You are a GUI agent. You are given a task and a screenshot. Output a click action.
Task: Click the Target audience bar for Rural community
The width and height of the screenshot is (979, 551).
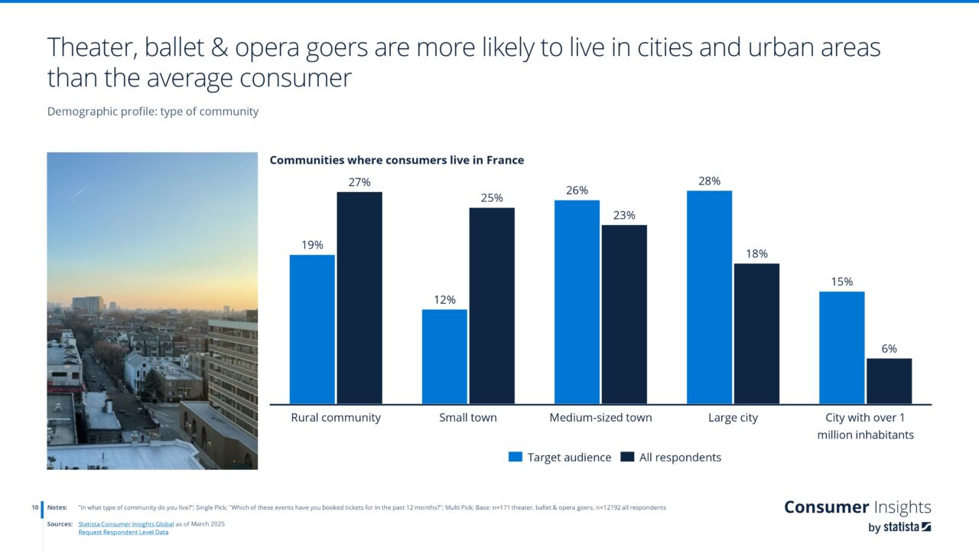pyautogui.click(x=312, y=329)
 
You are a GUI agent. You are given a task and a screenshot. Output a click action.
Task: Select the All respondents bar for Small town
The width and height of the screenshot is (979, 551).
pyautogui.click(x=492, y=305)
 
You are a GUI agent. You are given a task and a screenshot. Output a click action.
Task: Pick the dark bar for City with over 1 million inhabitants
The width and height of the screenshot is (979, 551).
pyautogui.click(x=889, y=381)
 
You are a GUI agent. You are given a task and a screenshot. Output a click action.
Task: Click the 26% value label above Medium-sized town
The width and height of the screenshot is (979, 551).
pyautogui.click(x=577, y=191)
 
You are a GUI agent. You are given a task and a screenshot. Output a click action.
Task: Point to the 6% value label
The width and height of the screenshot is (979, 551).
pyautogui.click(x=889, y=349)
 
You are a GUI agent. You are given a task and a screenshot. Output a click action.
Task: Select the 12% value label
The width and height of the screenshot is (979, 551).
pyautogui.click(x=444, y=300)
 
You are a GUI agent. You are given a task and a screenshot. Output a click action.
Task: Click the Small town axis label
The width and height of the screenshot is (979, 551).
pyautogui.click(x=468, y=418)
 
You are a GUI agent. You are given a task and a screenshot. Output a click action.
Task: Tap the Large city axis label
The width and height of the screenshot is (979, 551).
pyautogui.click(x=733, y=418)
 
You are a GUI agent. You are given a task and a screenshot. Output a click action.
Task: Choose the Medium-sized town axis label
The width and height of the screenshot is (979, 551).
pyautogui.click(x=600, y=418)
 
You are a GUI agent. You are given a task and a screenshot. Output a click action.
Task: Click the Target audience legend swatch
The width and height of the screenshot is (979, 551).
pyautogui.click(x=516, y=457)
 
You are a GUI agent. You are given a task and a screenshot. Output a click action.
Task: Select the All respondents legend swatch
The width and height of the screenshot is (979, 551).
pyautogui.click(x=627, y=457)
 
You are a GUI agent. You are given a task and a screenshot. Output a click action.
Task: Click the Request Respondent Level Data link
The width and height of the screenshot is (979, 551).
pyautogui.click(x=123, y=533)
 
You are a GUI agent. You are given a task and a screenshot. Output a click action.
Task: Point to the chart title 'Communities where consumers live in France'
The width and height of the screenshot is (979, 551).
pyautogui.click(x=397, y=160)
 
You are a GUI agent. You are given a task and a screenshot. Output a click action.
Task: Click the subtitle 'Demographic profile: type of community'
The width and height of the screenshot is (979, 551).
pyautogui.click(x=153, y=112)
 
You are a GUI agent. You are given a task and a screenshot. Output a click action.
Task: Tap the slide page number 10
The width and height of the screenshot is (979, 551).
pyautogui.click(x=35, y=507)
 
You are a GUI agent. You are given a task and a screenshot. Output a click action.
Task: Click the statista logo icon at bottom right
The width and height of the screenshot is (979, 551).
pyautogui.click(x=926, y=527)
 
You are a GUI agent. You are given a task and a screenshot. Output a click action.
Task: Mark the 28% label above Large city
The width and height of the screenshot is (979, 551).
pyautogui.click(x=709, y=181)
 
